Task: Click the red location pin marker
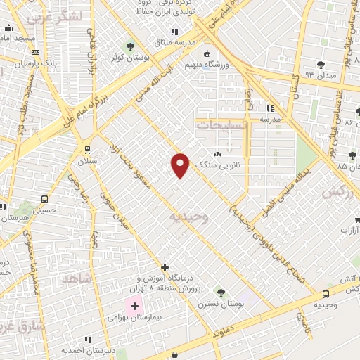point(180,165)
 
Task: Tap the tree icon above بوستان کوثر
point(129,46)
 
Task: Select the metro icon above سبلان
point(87,149)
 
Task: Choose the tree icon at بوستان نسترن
point(221,291)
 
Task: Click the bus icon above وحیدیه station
point(326,294)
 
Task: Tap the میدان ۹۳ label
point(309,75)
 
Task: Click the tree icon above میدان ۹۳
point(321,65)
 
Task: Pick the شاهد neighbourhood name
point(77,278)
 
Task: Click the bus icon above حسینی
point(45,198)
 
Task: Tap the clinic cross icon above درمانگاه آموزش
point(165,267)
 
